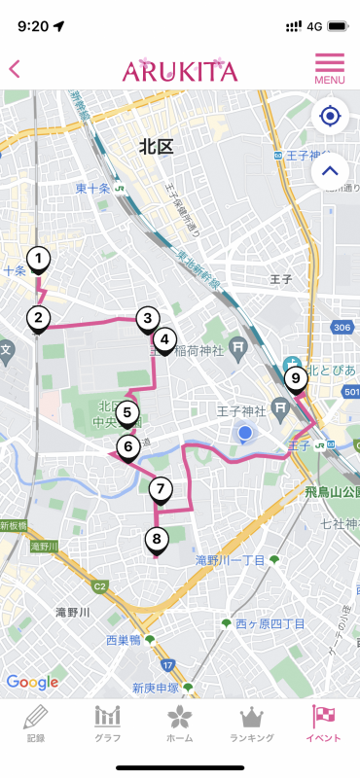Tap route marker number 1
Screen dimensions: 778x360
pyautogui.click(x=38, y=259)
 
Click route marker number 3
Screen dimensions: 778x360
pyautogui.click(x=147, y=318)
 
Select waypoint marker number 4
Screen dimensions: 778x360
pyautogui.click(x=164, y=340)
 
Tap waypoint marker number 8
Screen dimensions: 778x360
pyautogui.click(x=156, y=539)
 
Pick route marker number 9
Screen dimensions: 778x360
pyautogui.click(x=295, y=378)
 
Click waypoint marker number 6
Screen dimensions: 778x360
pyautogui.click(x=126, y=447)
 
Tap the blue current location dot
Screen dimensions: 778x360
pyautogui.click(x=245, y=433)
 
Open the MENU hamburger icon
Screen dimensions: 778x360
pyautogui.click(x=330, y=68)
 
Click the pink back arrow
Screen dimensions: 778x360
pyautogui.click(x=15, y=69)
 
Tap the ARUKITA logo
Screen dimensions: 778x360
pyautogui.click(x=180, y=70)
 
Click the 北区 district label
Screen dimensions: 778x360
pyautogui.click(x=156, y=147)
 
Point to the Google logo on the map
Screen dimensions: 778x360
pyautogui.click(x=32, y=682)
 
